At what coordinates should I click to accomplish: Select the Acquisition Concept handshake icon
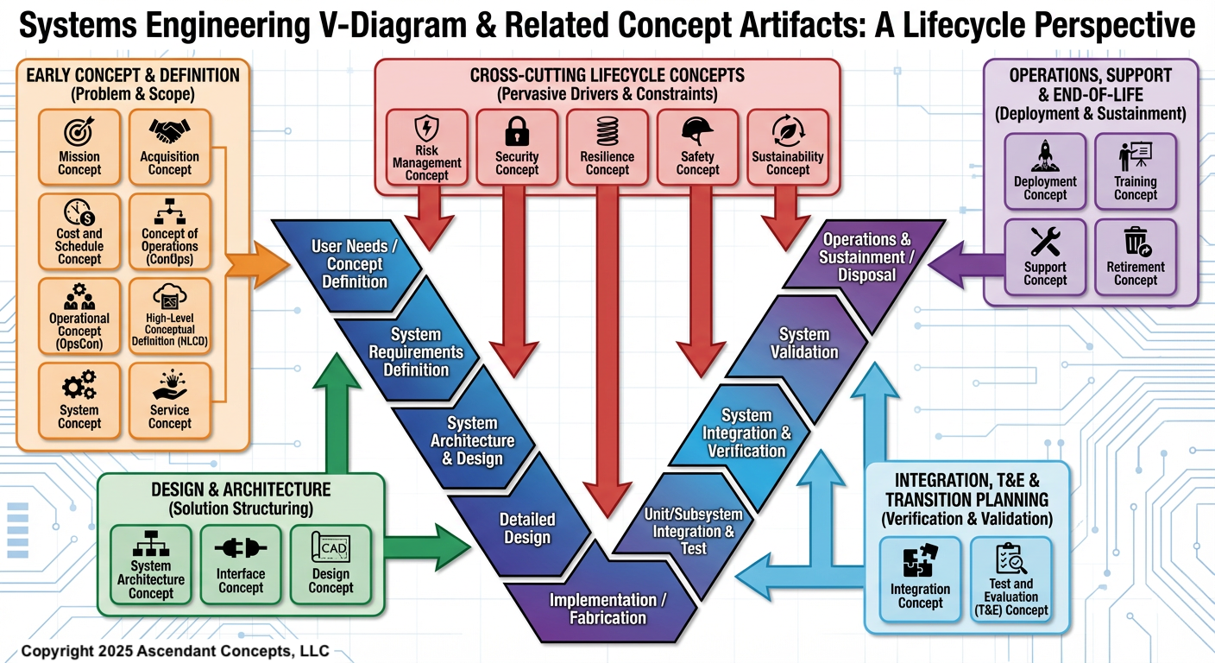(170, 132)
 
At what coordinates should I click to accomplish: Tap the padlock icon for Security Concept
(517, 132)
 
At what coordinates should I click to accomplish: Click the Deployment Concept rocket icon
(1045, 156)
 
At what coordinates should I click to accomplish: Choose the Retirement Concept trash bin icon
(1135, 242)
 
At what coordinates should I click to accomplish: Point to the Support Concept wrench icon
(1045, 242)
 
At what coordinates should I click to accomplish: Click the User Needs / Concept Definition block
(355, 264)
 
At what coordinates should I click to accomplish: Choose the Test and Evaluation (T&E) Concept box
(1010, 579)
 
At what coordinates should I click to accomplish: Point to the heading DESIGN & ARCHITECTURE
(241, 490)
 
